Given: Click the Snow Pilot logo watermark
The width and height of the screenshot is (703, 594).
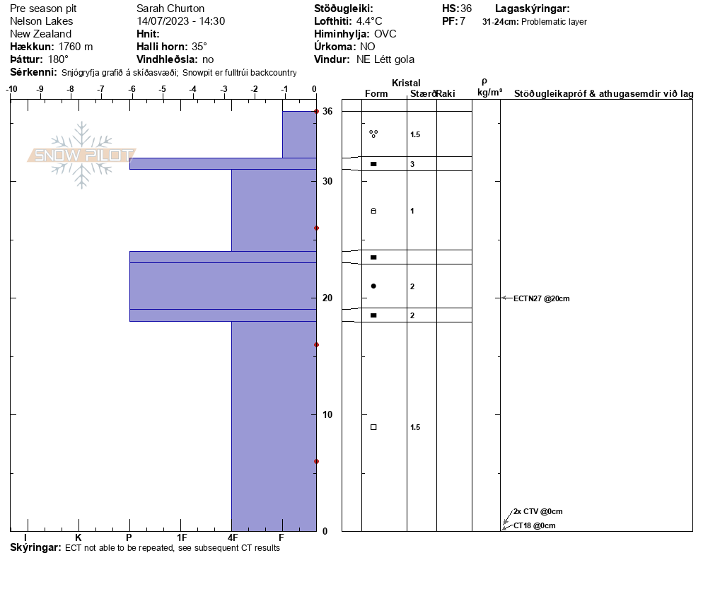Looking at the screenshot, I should pos(81,155).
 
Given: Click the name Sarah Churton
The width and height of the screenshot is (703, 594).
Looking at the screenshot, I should pos(170,8).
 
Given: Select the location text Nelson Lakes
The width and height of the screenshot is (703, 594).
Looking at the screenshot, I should pos(41,21).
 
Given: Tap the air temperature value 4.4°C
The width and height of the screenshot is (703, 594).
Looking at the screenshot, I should pos(369,21).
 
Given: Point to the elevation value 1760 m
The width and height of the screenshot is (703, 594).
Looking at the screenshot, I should pos(76,47).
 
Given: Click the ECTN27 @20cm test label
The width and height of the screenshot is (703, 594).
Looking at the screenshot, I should pos(541,298).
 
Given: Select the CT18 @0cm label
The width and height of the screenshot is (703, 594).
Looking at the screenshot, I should pos(534,525).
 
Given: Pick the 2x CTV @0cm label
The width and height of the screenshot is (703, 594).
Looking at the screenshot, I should pos(538,511).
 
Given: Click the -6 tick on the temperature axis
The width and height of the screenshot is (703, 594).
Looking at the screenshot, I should pos(132,89).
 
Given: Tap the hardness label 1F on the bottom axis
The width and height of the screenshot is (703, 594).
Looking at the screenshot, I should pos(182,538).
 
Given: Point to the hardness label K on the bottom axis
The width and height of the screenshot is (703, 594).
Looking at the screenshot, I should pos(78,538).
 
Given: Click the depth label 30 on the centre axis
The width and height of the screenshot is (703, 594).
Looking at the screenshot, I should pos(327,182).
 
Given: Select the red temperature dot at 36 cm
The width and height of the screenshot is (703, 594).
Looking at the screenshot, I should pos(316,112).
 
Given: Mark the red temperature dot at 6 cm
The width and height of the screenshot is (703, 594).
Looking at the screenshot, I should pos(316,461).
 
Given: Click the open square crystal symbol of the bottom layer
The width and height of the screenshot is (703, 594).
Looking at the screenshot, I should pos(373,427).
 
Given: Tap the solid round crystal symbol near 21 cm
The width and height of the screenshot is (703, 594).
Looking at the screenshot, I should pos(373,286).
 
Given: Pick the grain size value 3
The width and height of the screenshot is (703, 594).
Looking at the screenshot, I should pos(412,164).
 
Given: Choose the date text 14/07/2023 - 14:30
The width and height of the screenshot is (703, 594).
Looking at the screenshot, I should pos(181,21).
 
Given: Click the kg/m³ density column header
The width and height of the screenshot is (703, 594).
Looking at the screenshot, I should pos(489,93).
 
